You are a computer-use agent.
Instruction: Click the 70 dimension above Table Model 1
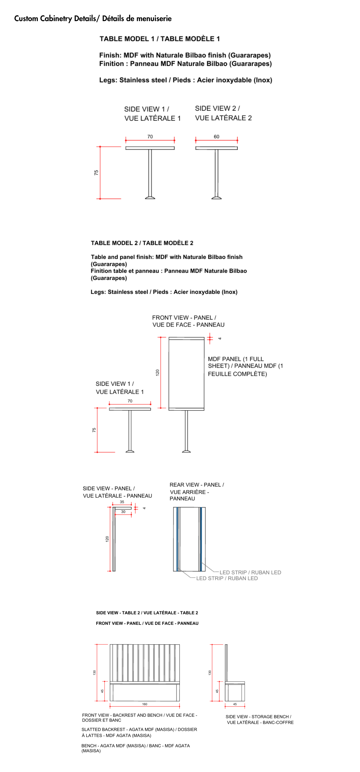click(x=150, y=137)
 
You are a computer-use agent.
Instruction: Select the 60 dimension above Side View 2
click(x=217, y=137)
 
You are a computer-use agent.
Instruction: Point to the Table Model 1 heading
click(x=160, y=39)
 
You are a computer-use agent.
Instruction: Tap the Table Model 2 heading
click(x=142, y=243)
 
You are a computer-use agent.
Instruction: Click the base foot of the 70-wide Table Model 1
click(x=150, y=197)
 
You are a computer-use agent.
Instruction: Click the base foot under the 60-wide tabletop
click(x=217, y=197)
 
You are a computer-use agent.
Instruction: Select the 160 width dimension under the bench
click(x=145, y=704)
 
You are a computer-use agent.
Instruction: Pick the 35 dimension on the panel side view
click(x=122, y=502)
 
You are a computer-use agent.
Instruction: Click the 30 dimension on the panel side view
click(x=123, y=512)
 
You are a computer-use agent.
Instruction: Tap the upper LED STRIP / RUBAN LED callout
click(x=250, y=572)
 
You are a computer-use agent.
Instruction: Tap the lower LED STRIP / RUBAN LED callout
click(x=227, y=578)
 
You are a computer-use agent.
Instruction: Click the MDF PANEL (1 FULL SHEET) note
click(x=245, y=366)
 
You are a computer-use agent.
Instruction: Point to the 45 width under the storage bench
click(x=235, y=704)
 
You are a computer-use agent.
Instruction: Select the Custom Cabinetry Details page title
click(x=93, y=19)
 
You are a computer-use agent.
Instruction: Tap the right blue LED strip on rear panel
click(x=201, y=539)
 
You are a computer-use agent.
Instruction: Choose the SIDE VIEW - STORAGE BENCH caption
click(x=260, y=719)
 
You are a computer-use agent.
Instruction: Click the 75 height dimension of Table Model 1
click(x=96, y=173)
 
